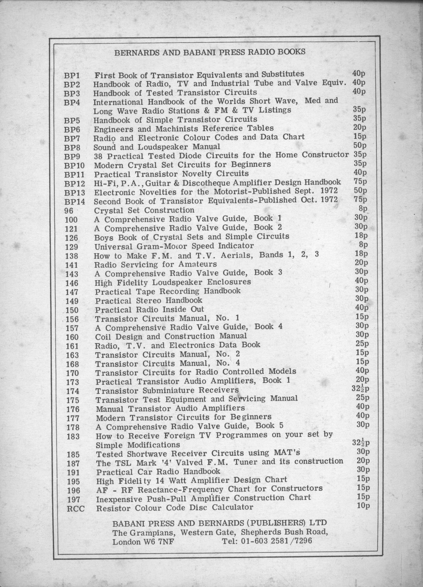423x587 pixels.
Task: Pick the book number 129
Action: pyautogui.click(x=72, y=247)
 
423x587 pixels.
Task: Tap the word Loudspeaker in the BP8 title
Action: pyautogui.click(x=163, y=147)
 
